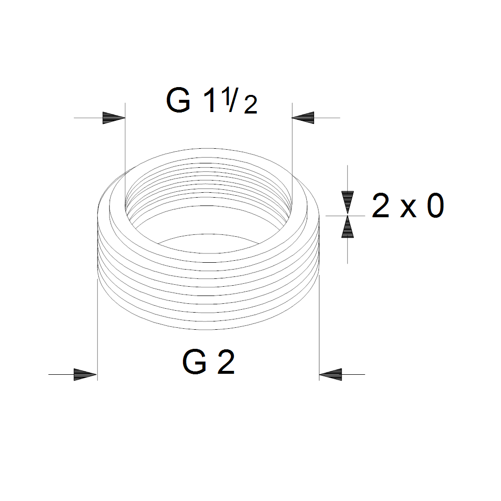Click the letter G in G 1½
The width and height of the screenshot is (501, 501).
178,100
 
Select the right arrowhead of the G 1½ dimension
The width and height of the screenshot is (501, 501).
303,118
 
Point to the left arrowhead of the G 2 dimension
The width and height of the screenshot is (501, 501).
85,374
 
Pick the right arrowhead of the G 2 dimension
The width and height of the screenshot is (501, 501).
331,374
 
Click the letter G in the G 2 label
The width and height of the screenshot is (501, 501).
195,363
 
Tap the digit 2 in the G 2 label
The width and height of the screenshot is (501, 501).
226,363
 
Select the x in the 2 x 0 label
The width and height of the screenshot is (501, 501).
408,209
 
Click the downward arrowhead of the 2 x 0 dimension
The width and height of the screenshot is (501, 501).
347,202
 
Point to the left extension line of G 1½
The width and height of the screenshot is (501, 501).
126,147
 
